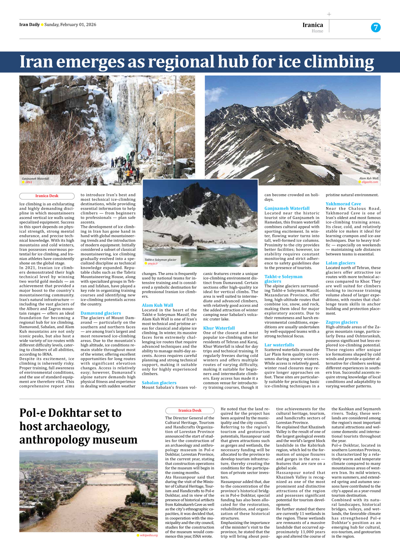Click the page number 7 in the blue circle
[376, 28]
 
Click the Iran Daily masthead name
[29, 25]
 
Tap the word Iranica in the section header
[313, 25]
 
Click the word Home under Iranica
[317, 31]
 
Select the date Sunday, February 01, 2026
[70, 25]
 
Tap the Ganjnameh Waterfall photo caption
[35, 179]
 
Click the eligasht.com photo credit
[370, 182]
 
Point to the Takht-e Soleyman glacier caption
[160, 260]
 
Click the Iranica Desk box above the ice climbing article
[47, 196]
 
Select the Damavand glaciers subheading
[101, 313]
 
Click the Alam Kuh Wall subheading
[157, 305]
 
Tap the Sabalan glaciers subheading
[159, 382]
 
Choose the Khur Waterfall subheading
[219, 328]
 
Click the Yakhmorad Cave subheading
[343, 204]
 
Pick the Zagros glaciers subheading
[342, 322]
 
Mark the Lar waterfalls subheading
[279, 345]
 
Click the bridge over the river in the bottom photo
[112, 473]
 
